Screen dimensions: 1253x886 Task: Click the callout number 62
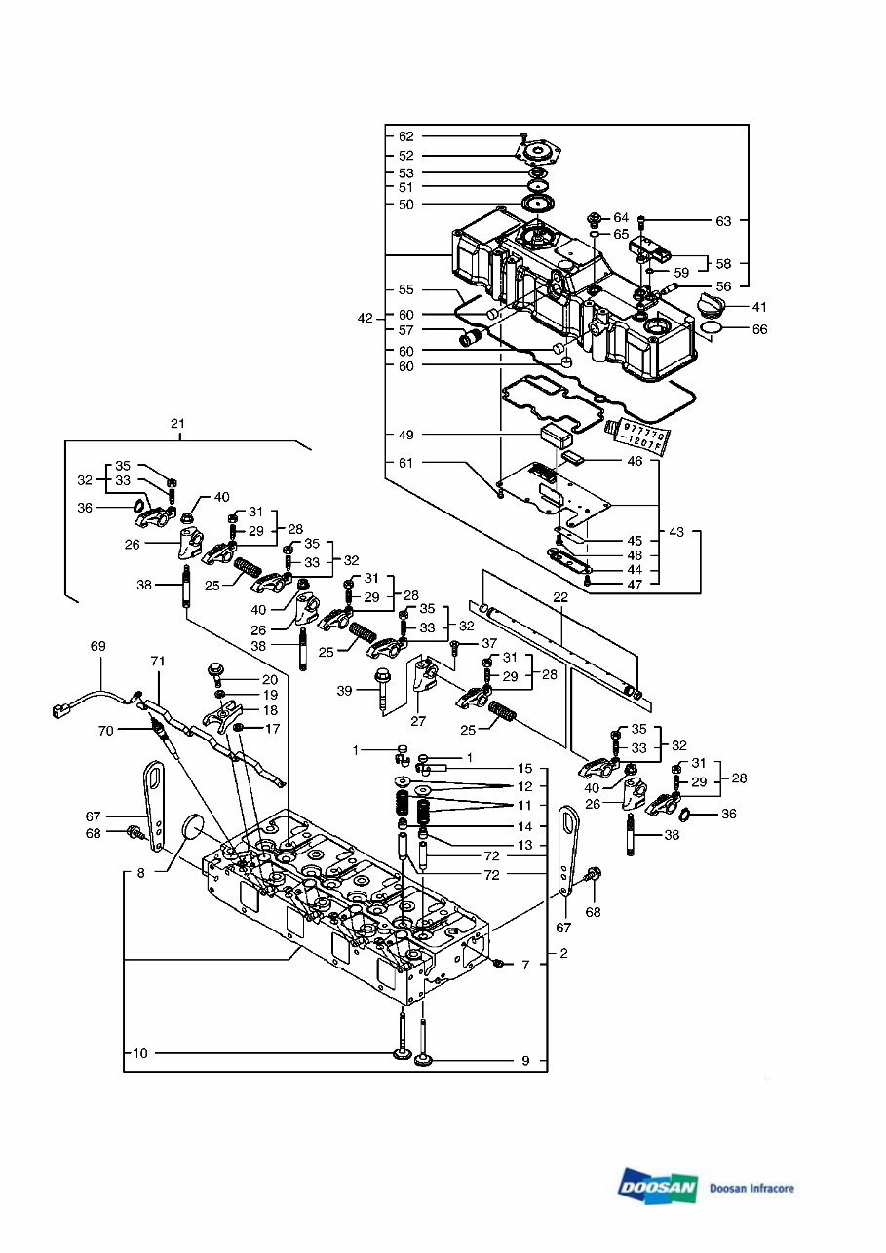pos(405,136)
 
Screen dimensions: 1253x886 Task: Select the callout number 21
pos(176,424)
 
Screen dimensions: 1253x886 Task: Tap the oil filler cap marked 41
pos(713,311)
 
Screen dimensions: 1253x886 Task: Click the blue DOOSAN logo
pos(657,1186)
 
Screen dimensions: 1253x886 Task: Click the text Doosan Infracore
pos(751,1188)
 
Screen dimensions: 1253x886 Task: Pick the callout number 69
pos(97,646)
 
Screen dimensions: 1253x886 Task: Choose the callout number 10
pos(140,1053)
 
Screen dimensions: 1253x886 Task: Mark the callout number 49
pos(405,435)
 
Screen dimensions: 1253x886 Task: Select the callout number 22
pos(559,596)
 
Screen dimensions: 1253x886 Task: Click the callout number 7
pos(524,965)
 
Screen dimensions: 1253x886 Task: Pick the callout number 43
pos(676,533)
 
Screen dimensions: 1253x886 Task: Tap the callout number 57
pos(405,331)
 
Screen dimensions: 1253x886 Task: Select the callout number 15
pos(524,769)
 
